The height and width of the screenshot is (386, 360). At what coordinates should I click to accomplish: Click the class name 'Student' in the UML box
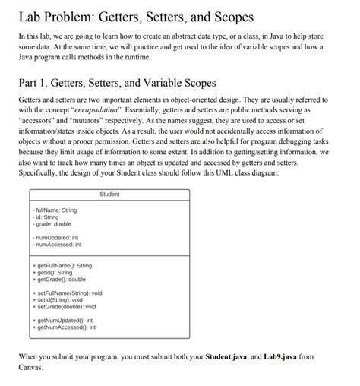[110, 195]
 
